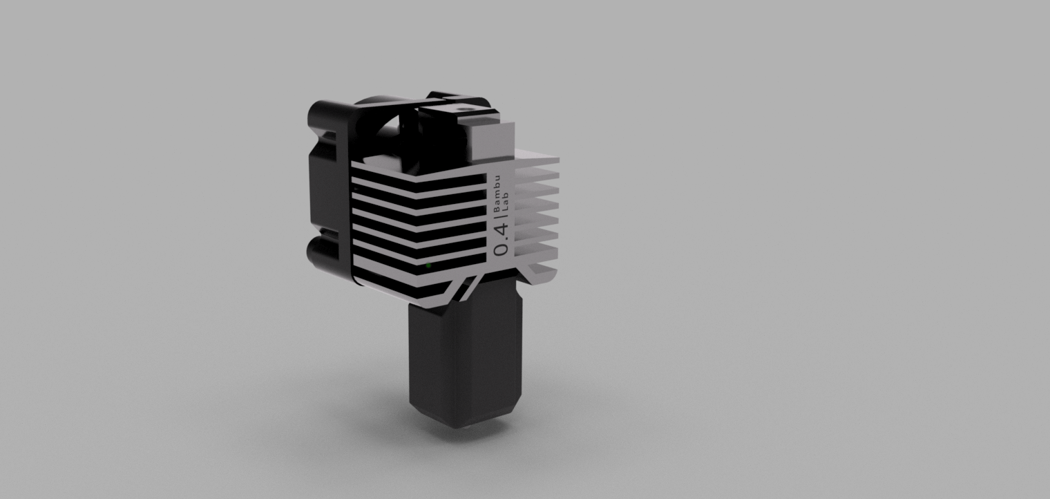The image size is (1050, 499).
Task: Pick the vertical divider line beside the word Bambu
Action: (499, 217)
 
